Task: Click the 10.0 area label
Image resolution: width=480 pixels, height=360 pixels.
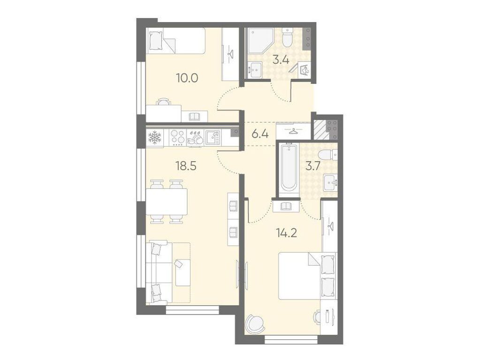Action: click(187, 78)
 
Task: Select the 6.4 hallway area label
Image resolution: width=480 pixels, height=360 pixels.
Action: click(260, 134)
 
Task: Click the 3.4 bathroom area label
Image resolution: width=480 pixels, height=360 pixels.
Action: click(281, 60)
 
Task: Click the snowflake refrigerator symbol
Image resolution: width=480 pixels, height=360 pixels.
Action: click(154, 137)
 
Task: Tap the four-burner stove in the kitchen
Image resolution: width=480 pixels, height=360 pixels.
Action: click(177, 137)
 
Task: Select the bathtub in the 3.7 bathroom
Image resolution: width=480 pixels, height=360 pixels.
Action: click(289, 167)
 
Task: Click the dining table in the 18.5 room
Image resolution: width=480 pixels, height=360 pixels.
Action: click(167, 202)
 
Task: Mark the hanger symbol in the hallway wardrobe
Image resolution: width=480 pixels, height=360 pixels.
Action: click(294, 131)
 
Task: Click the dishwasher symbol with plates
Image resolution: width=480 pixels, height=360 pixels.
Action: click(194, 137)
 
